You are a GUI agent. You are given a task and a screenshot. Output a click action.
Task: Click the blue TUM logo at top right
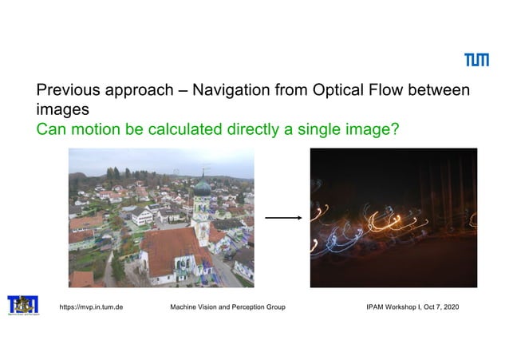pos(477,60)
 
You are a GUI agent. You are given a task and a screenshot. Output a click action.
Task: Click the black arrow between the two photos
pos(282,217)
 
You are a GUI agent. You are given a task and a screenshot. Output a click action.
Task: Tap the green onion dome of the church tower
pos(203,188)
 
